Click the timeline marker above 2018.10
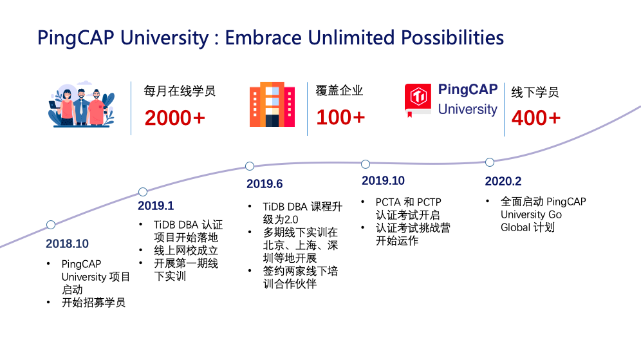51,225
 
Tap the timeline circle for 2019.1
143,192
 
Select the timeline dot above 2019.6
250,166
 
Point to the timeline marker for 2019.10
366,164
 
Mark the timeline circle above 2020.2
490,162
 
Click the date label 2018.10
67,244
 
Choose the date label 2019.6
265,184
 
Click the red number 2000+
174,118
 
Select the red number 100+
340,118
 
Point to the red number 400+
535,118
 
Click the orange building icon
272,104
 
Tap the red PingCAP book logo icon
419,99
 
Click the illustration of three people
81,106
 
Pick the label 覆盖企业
340,90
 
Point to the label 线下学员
535,91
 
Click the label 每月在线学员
180,91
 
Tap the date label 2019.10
383,180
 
